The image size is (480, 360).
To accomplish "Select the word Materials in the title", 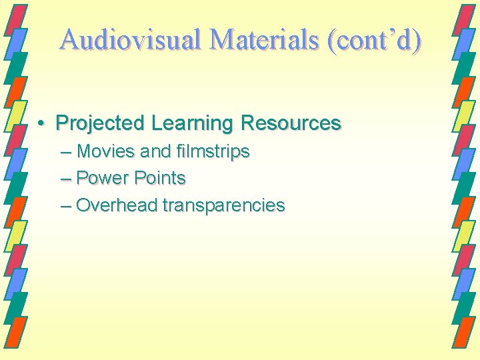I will click(264, 40).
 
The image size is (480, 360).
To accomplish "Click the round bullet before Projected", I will click(41, 124).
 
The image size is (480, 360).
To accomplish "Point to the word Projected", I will click(100, 123).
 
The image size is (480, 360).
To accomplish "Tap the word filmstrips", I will click(213, 151).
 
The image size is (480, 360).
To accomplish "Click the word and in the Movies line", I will click(157, 151).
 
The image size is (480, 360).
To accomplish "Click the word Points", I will click(159, 178).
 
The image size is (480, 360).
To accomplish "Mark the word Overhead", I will click(116, 205).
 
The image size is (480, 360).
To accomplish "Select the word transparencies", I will click(223, 205).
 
